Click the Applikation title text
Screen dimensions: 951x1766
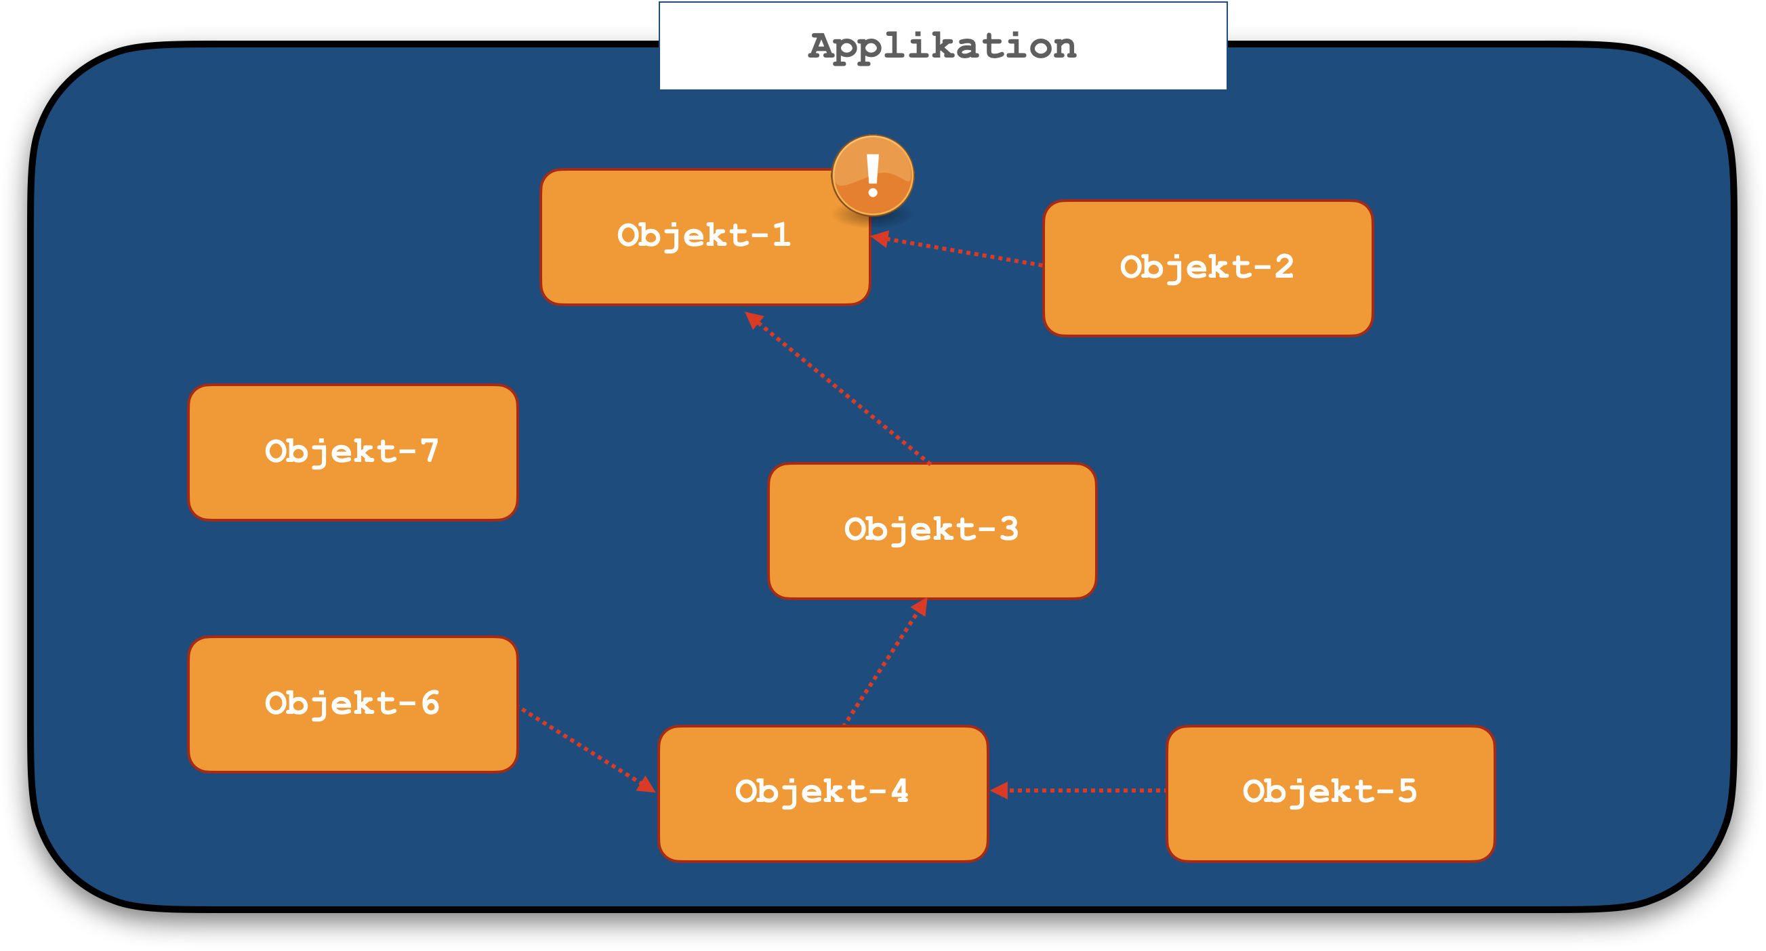click(x=943, y=47)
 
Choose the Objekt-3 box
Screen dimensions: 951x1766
click(x=932, y=531)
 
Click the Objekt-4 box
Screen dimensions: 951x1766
click(x=823, y=793)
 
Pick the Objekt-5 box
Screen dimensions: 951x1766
click(x=1330, y=793)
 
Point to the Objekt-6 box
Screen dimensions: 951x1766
click(x=353, y=704)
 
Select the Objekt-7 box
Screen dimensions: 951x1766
click(x=353, y=452)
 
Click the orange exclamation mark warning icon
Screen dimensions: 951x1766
click(x=873, y=175)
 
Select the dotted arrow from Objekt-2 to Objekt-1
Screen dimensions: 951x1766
click(x=960, y=251)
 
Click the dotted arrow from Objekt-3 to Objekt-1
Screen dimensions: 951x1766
click(x=840, y=389)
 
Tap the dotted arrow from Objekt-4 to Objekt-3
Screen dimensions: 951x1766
click(x=884, y=662)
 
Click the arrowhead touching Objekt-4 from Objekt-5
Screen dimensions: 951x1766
click(x=1000, y=790)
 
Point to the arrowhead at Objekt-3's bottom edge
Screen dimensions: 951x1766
click(x=920, y=608)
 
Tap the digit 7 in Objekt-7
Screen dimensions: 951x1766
click(x=429, y=451)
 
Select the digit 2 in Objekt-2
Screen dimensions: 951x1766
click(x=1284, y=266)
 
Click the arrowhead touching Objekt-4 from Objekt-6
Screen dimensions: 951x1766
click(x=646, y=784)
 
